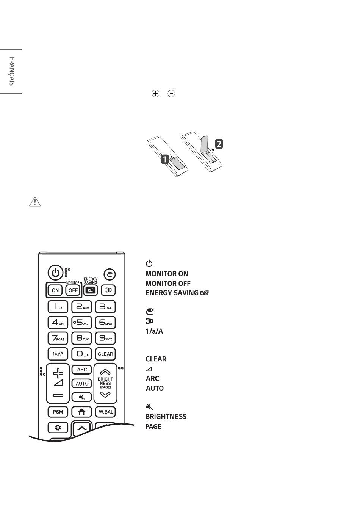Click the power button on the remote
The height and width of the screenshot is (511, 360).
point(55,273)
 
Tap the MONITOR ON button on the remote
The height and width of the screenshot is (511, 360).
point(55,290)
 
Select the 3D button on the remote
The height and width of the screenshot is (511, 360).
point(109,290)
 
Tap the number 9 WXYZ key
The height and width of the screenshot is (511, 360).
point(105,338)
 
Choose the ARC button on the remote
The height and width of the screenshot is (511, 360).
point(82,370)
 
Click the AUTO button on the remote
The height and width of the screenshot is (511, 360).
point(82,383)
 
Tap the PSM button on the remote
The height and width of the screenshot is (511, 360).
point(58,412)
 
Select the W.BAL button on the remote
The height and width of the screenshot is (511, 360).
point(106,412)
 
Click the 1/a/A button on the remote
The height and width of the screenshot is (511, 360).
point(58,354)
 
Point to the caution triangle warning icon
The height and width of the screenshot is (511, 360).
point(35,202)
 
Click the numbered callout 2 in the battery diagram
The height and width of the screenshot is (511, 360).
point(219,144)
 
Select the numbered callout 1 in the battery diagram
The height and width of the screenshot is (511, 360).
point(165,159)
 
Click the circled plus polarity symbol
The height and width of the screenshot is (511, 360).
point(155,94)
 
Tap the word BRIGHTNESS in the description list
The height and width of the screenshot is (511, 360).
point(166,416)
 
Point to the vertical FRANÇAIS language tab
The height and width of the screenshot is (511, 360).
point(12,71)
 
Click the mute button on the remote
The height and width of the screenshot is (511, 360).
point(82,397)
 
